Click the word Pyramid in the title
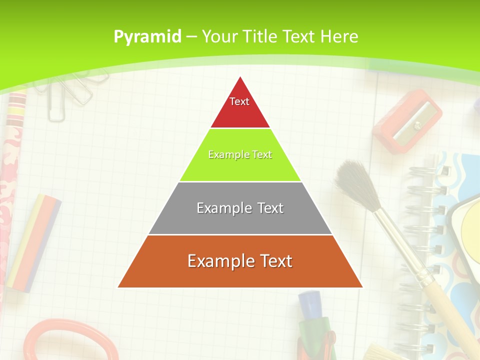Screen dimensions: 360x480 [x=147, y=37]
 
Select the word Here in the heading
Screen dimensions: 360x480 [x=339, y=36]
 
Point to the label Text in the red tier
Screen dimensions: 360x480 [x=239, y=101]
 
